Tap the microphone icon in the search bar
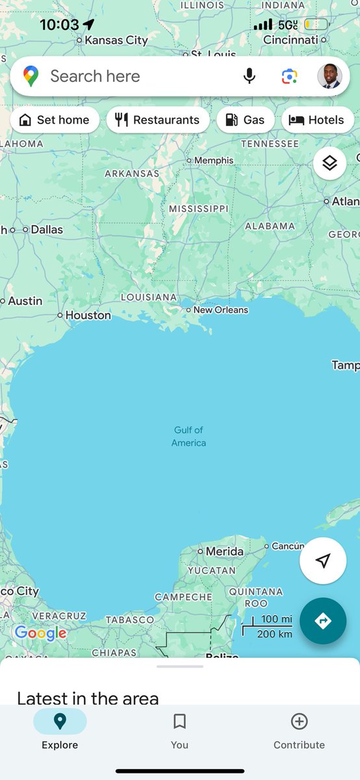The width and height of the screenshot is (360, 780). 250,77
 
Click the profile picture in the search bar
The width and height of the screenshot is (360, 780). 329,77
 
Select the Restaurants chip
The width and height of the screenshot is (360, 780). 158,120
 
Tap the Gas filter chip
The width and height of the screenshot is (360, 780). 245,120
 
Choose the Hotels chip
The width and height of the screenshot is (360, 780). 317,120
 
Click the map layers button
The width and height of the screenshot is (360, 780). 329,163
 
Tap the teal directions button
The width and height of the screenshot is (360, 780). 323,621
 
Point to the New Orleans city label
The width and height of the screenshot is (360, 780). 220,310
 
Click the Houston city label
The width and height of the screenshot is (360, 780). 88,315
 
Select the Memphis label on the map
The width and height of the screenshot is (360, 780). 213,161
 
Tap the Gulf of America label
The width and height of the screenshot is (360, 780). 188,436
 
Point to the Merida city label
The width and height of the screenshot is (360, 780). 224,551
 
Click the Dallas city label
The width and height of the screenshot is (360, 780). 47,229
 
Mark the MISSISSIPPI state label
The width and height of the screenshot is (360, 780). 199,209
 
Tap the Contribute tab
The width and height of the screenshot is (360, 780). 299,730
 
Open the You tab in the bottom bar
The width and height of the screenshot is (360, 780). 179,730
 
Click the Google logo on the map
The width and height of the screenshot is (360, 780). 40,632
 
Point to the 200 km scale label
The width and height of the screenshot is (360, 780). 274,634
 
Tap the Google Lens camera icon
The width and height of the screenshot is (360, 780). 289,77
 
